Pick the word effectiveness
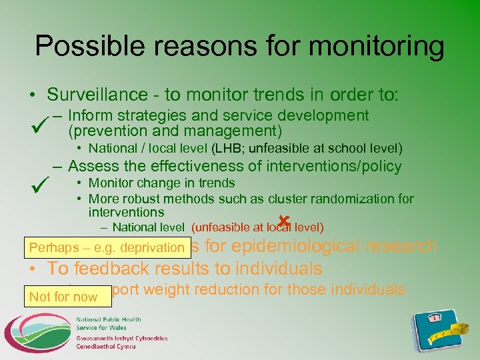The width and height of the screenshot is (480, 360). pyautogui.click(x=197, y=166)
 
